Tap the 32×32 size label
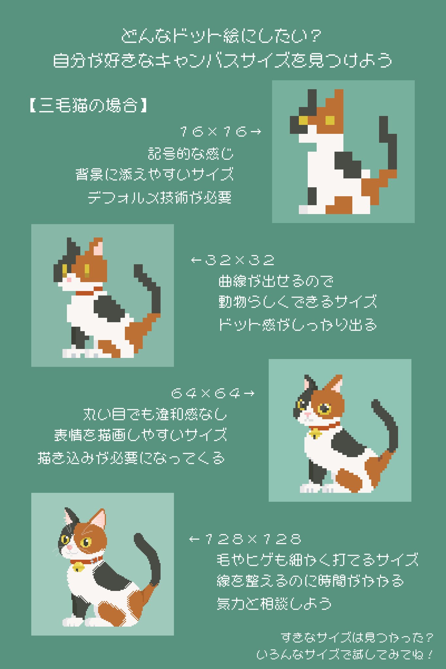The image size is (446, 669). click(233, 260)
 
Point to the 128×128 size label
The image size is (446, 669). click(245, 539)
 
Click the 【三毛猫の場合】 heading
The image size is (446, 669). click(88, 106)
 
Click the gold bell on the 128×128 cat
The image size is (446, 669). click(78, 567)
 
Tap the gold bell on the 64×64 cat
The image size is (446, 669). click(315, 433)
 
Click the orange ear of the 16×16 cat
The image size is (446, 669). click(337, 101)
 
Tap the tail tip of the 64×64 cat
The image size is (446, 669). click(375, 404)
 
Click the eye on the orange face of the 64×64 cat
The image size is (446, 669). click(324, 408)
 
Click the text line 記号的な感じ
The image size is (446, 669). click(190, 154)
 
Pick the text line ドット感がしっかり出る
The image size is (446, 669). click(297, 325)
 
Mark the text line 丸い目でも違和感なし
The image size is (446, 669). click(155, 414)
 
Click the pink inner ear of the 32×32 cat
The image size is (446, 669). click(98, 249)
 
